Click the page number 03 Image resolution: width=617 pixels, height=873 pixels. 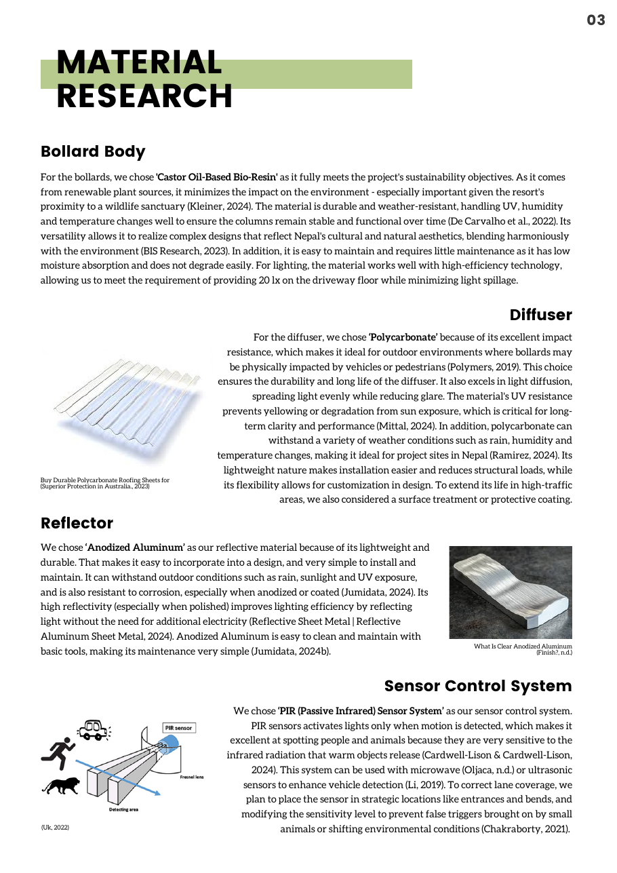[x=595, y=20]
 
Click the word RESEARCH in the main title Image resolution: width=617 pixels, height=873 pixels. [x=144, y=96]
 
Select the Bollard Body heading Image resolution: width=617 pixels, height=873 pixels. [x=93, y=151]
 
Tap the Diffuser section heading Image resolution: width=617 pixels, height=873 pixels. [x=540, y=315]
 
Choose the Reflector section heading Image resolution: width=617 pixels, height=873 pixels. [x=77, y=524]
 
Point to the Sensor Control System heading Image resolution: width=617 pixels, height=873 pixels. [x=478, y=686]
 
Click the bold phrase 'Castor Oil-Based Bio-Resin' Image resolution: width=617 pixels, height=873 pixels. [x=217, y=178]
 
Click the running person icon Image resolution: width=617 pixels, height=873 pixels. [x=58, y=750]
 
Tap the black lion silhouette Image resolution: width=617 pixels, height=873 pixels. [x=62, y=785]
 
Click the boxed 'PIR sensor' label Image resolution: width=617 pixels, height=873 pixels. [x=178, y=728]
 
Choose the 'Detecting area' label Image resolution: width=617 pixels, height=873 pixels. [x=123, y=809]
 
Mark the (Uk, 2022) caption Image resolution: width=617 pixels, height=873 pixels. [x=55, y=828]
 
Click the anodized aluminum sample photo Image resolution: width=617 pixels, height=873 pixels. [x=510, y=592]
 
